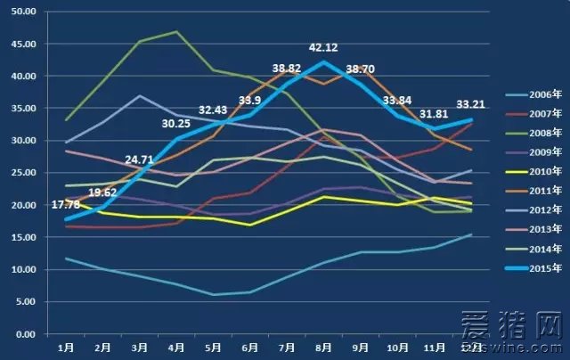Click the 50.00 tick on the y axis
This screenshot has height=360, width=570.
pyautogui.click(x=22, y=12)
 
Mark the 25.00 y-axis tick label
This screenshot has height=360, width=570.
pyautogui.click(x=22, y=173)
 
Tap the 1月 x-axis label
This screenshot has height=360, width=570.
pyautogui.click(x=66, y=347)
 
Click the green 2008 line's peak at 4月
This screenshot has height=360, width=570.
pyautogui.click(x=177, y=32)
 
